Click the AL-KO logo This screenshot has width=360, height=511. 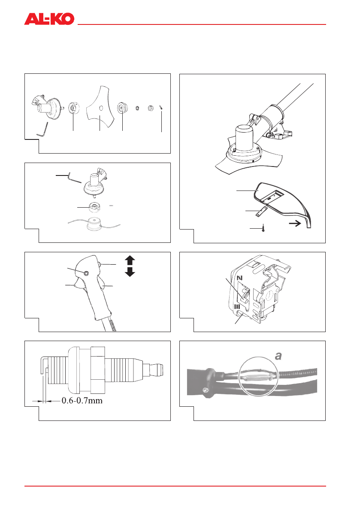pos(49,19)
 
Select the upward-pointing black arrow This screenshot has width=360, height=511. pos(130,260)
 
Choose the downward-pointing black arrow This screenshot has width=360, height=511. pos(130,272)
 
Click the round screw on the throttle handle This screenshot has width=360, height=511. pos(87,273)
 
